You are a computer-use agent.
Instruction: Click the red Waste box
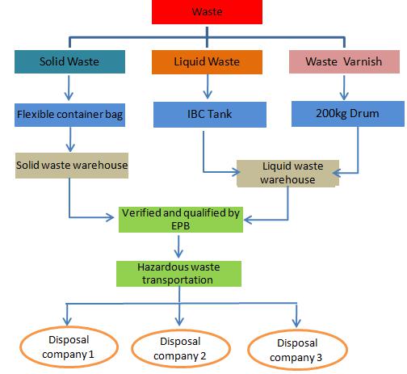tap(207, 12)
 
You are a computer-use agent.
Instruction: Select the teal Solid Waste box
tap(69, 61)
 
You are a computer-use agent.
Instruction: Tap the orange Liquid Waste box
tap(207, 62)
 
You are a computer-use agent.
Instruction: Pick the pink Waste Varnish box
tap(344, 61)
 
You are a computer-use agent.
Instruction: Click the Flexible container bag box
tap(69, 115)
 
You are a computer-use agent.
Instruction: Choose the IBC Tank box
tap(210, 115)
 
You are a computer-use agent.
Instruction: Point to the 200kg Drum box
tap(348, 114)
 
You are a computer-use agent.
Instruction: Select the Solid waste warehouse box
tap(72, 166)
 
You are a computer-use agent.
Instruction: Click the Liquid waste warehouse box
tap(287, 174)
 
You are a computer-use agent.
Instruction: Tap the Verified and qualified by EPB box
tap(181, 220)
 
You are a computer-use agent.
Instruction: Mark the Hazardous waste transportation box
tap(178, 274)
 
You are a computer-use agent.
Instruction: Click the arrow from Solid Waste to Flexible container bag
tap(69, 88)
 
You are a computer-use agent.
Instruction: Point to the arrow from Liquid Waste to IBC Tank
tap(208, 86)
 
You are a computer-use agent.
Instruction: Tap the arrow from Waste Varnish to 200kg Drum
tap(344, 88)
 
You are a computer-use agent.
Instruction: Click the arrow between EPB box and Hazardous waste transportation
tap(178, 246)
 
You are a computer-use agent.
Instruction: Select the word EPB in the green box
tap(181, 226)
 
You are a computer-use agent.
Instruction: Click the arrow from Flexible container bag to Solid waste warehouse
tap(70, 140)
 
